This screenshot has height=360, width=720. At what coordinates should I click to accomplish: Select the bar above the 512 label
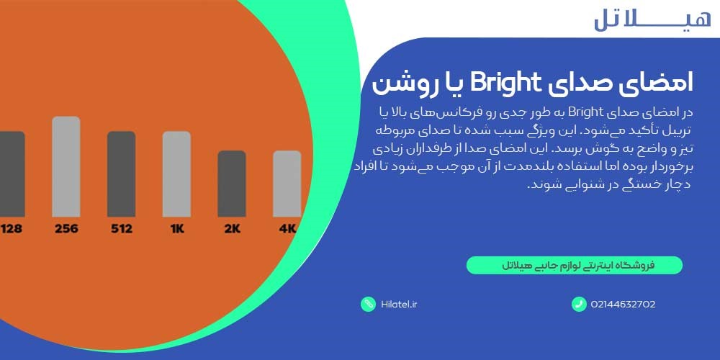[x=121, y=174]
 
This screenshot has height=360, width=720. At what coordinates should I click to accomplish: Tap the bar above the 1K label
[x=176, y=174]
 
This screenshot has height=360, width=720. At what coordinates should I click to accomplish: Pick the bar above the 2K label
[x=232, y=183]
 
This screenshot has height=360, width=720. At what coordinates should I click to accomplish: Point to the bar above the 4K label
[x=287, y=183]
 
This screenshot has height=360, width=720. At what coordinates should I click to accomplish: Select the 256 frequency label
[x=66, y=230]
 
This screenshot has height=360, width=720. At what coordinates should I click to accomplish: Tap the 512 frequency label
[x=121, y=230]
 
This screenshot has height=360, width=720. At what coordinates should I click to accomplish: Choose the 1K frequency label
[x=176, y=230]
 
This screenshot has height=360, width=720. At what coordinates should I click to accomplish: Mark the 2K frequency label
[x=232, y=230]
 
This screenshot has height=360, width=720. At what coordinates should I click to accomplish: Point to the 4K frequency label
[x=287, y=230]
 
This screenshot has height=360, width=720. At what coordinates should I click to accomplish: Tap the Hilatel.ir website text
[x=399, y=305]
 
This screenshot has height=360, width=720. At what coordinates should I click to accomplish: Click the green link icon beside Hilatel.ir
[x=368, y=305]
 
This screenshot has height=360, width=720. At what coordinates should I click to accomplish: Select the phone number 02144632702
[x=623, y=305]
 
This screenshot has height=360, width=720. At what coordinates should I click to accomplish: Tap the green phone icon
[x=579, y=305]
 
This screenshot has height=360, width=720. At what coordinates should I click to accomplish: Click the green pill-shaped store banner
[x=574, y=265]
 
